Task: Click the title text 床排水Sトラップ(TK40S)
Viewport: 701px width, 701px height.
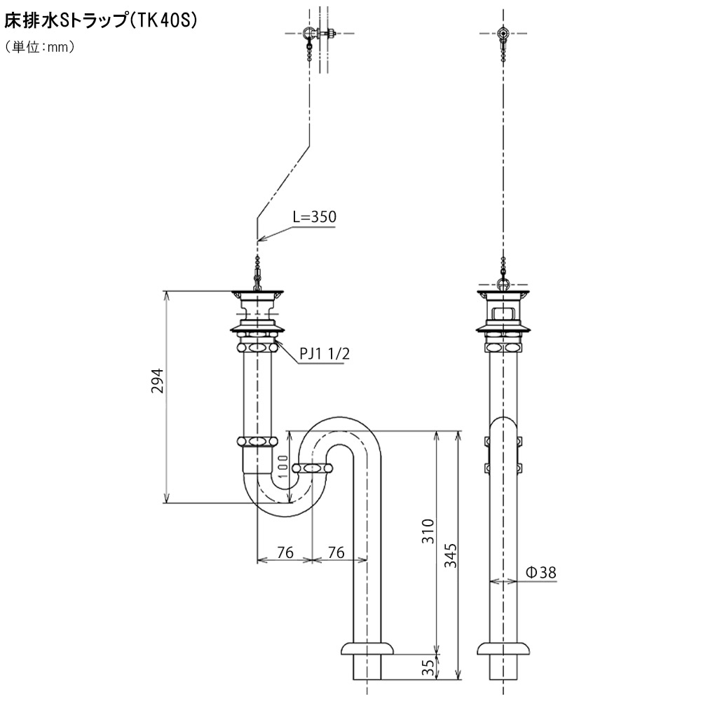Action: click(x=100, y=21)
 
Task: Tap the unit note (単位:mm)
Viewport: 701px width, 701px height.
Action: click(x=40, y=46)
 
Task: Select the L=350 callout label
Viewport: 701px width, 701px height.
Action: click(x=314, y=217)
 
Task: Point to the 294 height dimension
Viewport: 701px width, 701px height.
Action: click(x=157, y=381)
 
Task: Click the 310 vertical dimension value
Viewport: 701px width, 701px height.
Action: click(x=428, y=531)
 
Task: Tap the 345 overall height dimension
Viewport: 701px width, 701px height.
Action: click(x=451, y=556)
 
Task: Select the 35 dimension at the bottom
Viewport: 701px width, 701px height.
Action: click(x=428, y=667)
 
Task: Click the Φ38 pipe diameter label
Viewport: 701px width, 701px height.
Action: click(x=541, y=573)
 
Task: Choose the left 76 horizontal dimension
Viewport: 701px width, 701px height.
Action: click(x=285, y=552)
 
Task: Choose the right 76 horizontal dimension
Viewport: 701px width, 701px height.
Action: click(x=336, y=552)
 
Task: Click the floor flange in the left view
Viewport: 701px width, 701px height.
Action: click(x=367, y=648)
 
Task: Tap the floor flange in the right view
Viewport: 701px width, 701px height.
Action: click(x=503, y=648)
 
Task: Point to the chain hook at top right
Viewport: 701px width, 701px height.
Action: click(x=503, y=34)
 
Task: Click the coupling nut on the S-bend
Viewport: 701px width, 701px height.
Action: click(x=313, y=468)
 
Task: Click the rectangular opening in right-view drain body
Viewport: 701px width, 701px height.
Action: click(x=503, y=313)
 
